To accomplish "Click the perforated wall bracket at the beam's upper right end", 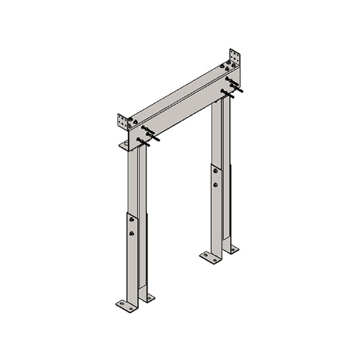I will (x=236, y=57).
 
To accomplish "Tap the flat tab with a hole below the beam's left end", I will (x=125, y=146).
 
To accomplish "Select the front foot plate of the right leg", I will (x=210, y=257).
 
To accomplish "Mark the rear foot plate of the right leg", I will (x=232, y=249).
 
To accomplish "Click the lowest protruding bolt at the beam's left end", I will (x=143, y=142).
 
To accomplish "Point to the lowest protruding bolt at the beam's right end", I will (x=227, y=94).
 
